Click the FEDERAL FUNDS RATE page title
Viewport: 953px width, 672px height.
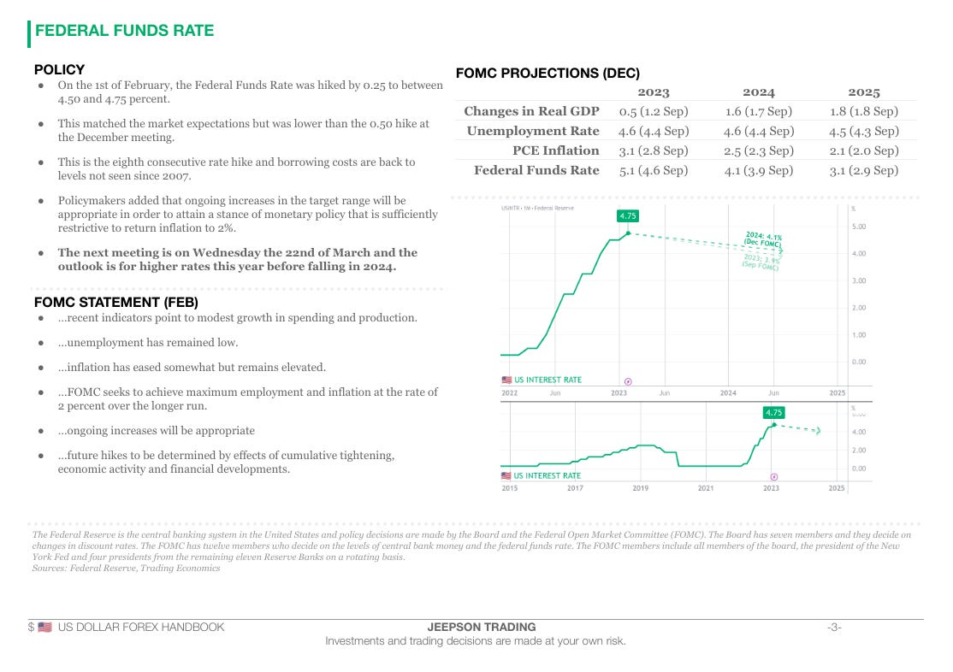(x=124, y=31)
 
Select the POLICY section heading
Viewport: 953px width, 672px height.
(x=59, y=69)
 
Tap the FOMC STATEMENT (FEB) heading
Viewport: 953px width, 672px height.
(x=115, y=302)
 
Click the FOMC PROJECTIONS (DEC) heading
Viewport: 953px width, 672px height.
(x=548, y=74)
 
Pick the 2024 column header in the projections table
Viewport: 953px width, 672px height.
(x=758, y=92)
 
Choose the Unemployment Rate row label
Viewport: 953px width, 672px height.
(x=533, y=131)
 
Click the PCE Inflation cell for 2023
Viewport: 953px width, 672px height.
(x=653, y=150)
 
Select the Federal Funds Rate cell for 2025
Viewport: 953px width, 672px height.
(x=864, y=170)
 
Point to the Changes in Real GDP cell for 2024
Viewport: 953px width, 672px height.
(x=758, y=111)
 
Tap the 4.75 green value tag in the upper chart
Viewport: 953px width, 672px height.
(x=627, y=216)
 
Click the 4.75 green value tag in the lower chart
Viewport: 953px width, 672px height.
(x=773, y=412)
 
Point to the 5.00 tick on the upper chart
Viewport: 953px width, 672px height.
(x=857, y=227)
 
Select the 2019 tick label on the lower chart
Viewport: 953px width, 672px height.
(x=640, y=488)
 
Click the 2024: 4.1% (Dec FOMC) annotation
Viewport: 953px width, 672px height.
(x=763, y=239)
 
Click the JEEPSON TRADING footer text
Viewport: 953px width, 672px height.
(x=476, y=627)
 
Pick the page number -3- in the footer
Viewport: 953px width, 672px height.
(x=834, y=627)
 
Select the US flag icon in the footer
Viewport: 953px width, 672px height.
(x=45, y=627)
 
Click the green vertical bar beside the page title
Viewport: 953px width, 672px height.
(x=29, y=32)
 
